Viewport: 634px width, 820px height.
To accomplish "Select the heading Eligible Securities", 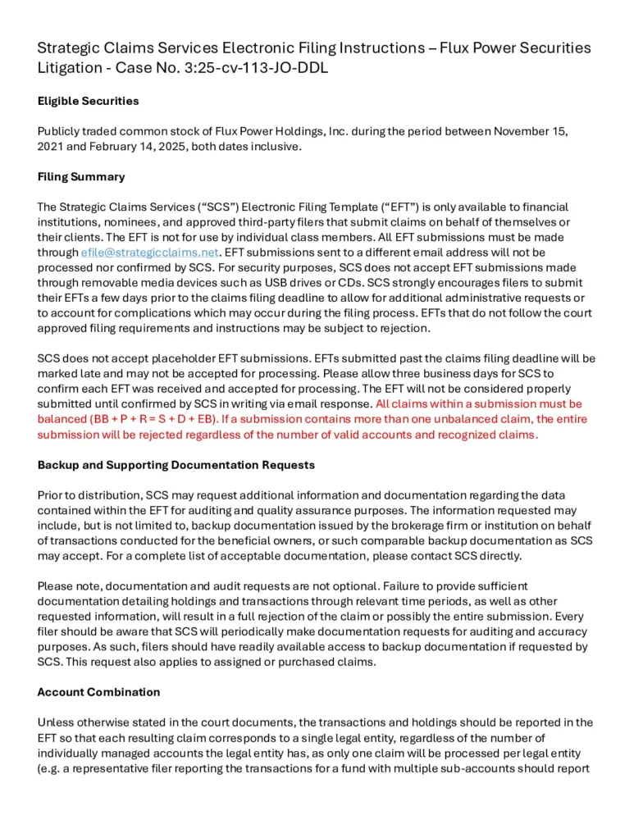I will coord(89,101).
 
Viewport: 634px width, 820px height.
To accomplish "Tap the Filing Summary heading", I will coord(81,176).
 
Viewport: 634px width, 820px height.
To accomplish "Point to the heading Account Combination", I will coord(98,691).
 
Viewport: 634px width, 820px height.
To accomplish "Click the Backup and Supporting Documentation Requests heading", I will coord(176,464).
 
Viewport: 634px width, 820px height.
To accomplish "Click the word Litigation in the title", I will coord(70,68).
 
